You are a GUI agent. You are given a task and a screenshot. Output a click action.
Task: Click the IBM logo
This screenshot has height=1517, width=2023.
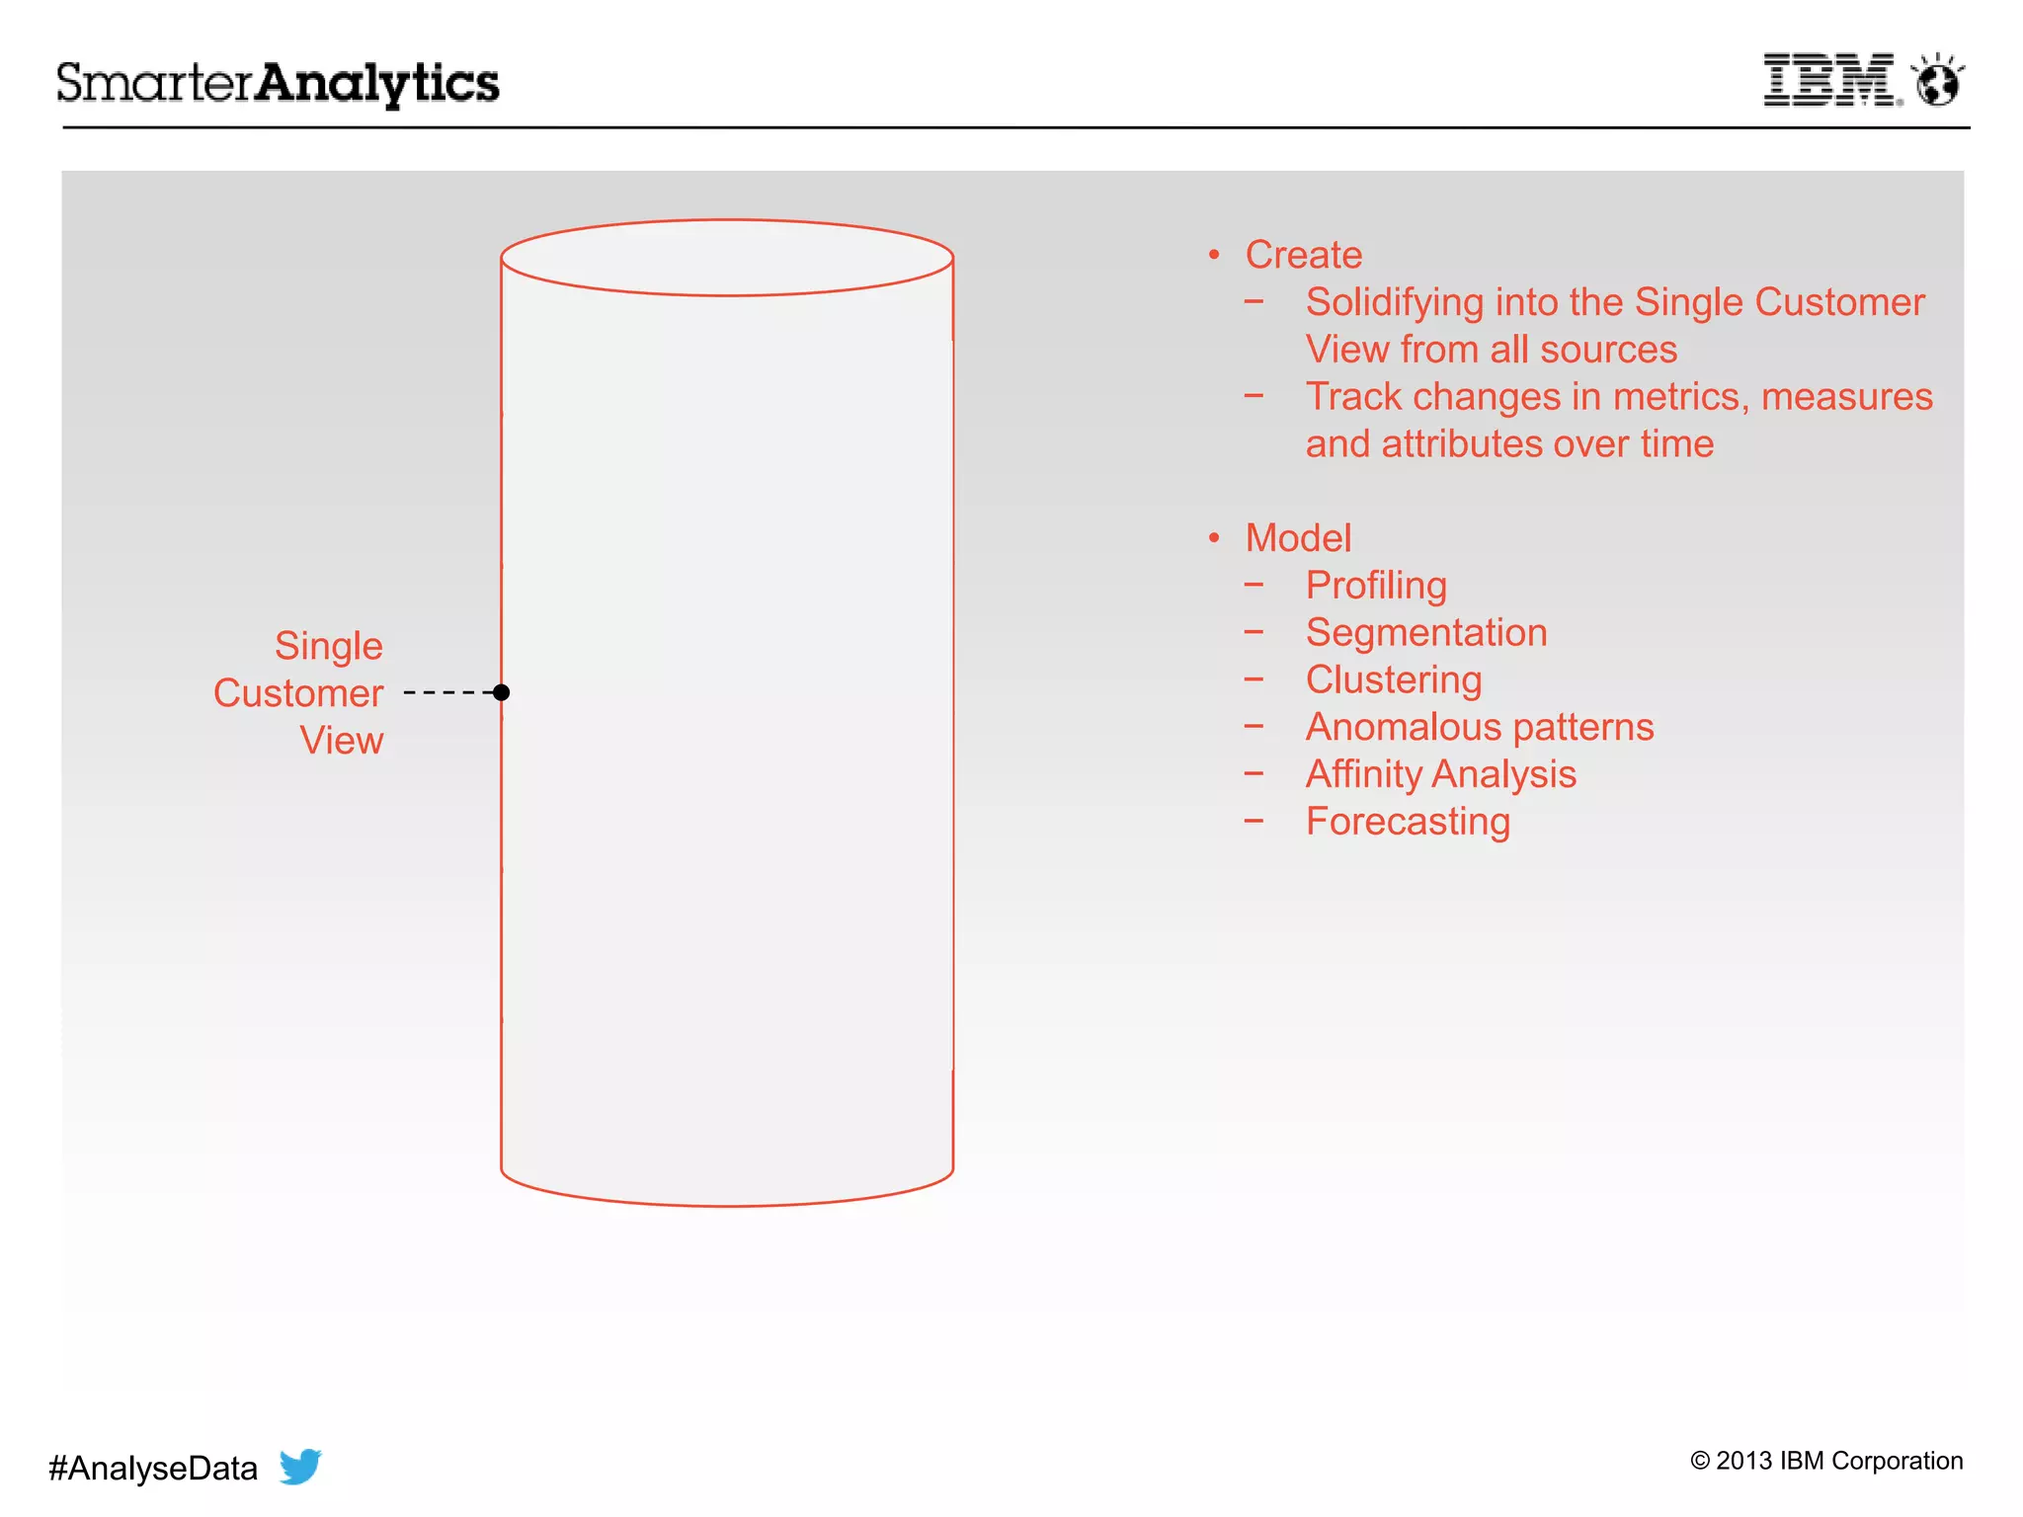(1829, 80)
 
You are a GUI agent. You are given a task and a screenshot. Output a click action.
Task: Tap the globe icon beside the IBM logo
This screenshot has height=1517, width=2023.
(1937, 81)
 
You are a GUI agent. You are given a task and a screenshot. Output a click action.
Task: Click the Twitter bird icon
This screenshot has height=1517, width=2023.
(300, 1466)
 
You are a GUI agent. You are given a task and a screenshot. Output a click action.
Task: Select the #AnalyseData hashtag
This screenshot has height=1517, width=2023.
(153, 1469)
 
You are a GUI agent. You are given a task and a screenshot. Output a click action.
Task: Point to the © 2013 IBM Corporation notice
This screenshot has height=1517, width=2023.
(1826, 1461)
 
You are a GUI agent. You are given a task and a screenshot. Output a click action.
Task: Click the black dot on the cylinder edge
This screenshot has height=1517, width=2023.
(502, 692)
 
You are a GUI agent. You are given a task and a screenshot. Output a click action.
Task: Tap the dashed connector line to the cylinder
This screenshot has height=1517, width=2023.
(449, 692)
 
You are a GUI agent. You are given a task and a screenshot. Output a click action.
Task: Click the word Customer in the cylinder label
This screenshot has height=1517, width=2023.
(298, 693)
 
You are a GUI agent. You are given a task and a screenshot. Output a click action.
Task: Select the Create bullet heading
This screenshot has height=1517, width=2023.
(1303, 255)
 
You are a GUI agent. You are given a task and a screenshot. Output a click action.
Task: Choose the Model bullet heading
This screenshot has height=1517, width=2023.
(1298, 538)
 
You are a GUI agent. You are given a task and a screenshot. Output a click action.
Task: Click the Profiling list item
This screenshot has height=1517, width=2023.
(1376, 586)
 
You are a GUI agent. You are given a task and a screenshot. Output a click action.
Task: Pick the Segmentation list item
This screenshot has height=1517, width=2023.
(1426, 633)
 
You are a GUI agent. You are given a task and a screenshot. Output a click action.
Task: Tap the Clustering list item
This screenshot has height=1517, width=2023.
(1394, 680)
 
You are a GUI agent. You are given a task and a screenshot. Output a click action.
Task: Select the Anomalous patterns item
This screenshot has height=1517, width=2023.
(1480, 727)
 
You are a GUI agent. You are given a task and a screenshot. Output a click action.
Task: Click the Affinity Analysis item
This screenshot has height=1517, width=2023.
(1441, 774)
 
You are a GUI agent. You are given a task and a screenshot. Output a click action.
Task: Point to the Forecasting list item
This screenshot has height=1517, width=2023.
(1408, 822)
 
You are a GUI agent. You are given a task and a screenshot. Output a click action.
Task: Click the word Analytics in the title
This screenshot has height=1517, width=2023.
(377, 83)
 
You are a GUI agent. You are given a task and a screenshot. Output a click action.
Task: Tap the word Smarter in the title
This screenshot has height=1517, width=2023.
(155, 83)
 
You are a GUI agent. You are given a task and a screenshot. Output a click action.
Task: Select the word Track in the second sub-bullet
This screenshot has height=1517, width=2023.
(1353, 397)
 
